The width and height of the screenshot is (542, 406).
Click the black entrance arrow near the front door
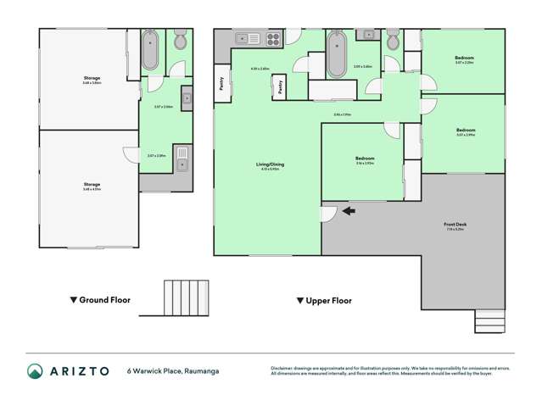pos(349,211)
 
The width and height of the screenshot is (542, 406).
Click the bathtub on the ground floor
pos(150,50)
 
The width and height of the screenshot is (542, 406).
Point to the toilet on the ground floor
pos(180,42)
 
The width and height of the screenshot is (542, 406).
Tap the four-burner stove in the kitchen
pos(274,37)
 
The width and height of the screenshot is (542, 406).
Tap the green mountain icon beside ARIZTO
pos(35,370)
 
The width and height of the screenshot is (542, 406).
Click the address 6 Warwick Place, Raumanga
pos(172,370)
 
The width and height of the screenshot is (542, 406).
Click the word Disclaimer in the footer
pos(283,368)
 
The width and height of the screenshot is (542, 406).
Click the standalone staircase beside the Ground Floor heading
pos(185,298)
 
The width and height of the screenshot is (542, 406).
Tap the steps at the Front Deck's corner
pos(489,321)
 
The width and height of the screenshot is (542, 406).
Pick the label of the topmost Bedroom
pos(464,58)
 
